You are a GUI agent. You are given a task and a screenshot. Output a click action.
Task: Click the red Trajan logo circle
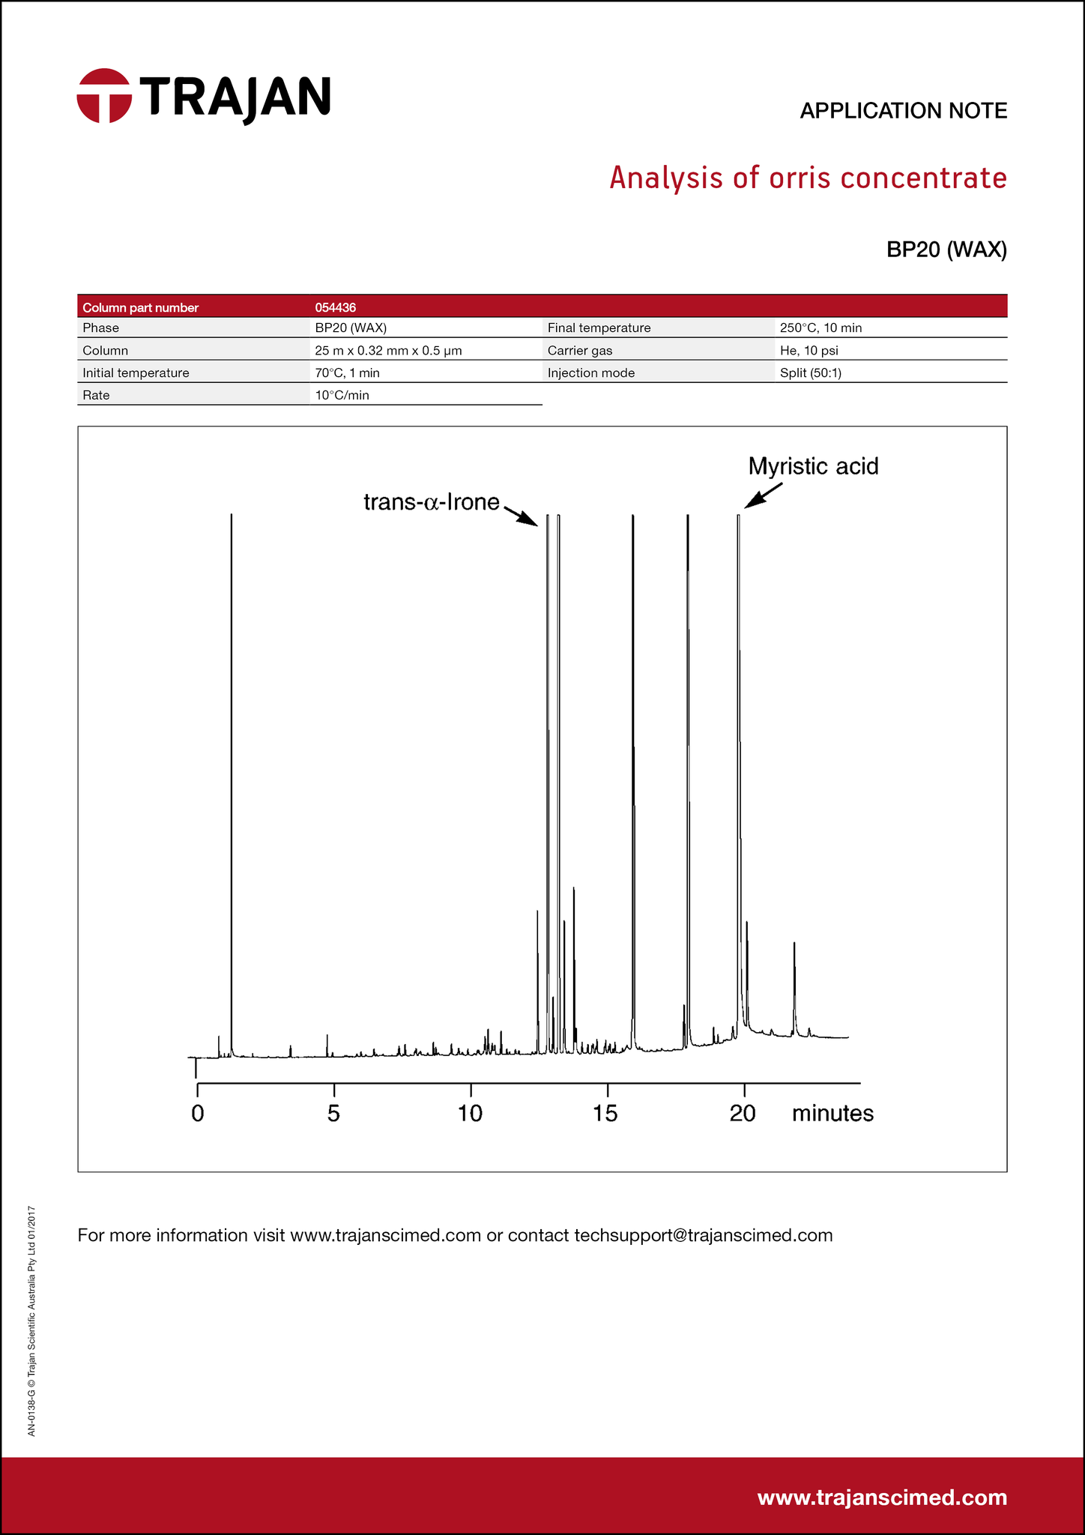(x=104, y=96)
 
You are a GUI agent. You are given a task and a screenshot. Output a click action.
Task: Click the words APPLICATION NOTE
(x=903, y=111)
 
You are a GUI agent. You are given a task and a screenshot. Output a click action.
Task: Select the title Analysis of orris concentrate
(x=808, y=178)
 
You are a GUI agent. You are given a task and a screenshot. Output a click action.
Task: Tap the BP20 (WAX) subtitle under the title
(x=946, y=250)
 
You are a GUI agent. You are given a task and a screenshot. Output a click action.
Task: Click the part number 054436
(x=335, y=307)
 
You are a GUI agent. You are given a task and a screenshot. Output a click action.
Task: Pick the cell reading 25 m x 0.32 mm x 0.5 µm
(x=388, y=350)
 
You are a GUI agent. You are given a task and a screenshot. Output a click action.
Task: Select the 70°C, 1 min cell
(x=347, y=373)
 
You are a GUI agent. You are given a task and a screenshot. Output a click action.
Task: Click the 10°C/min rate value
(x=342, y=395)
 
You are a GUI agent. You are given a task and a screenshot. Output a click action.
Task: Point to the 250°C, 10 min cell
(x=820, y=328)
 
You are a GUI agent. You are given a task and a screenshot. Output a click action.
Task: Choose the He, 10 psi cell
(x=809, y=350)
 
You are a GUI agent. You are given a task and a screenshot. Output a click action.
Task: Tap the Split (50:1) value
(x=810, y=373)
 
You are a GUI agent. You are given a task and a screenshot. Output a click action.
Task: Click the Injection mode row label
(x=590, y=373)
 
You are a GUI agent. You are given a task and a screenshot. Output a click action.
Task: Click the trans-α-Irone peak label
(x=431, y=502)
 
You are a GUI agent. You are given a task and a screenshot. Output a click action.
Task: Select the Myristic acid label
(x=813, y=466)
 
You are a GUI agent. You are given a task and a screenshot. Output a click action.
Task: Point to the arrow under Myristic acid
(x=764, y=495)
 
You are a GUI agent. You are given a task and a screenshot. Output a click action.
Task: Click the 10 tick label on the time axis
(x=470, y=1114)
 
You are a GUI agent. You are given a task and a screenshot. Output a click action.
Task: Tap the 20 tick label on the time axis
(x=743, y=1114)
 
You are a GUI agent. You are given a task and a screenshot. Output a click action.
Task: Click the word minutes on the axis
(x=832, y=1114)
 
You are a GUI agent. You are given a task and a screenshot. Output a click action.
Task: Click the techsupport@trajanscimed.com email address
(x=703, y=1235)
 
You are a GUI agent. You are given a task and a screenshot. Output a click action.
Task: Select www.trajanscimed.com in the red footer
(x=882, y=1498)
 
